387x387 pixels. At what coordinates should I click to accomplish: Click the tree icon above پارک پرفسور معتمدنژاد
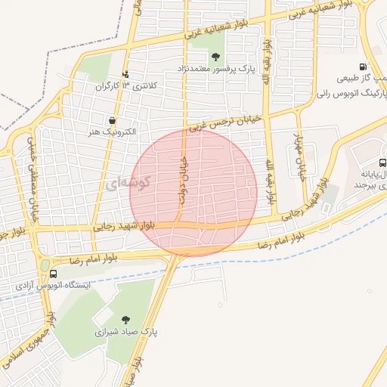[x=217, y=57]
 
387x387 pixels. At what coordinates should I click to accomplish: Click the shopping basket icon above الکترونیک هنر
[x=112, y=120]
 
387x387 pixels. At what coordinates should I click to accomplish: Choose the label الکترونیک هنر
[x=112, y=132]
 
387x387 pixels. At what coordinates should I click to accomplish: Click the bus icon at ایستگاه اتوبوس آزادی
[x=53, y=274]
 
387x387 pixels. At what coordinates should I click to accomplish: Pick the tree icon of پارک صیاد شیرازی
[x=125, y=320]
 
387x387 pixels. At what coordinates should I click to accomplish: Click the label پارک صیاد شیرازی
[x=125, y=332]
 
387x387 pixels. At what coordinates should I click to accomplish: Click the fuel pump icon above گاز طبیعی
[x=365, y=67]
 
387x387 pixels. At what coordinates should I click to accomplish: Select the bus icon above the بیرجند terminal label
[x=382, y=163]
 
